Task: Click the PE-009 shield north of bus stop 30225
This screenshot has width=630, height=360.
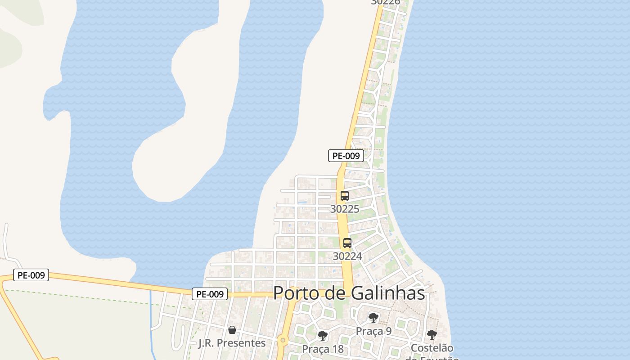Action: pyautogui.click(x=346, y=156)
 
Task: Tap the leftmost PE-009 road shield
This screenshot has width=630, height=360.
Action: pyautogui.click(x=31, y=275)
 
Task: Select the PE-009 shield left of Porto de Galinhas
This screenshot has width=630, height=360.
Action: pyautogui.click(x=210, y=294)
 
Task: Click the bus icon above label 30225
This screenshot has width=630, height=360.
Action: pyautogui.click(x=345, y=196)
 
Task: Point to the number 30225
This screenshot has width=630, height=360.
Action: pyautogui.click(x=345, y=209)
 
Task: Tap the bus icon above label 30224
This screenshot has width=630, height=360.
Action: pyautogui.click(x=347, y=243)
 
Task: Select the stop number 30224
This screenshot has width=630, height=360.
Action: pyautogui.click(x=347, y=256)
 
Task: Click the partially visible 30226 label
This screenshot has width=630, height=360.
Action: pyautogui.click(x=386, y=2)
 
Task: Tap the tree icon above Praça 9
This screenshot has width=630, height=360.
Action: pyautogui.click(x=373, y=318)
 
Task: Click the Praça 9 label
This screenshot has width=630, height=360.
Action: pyautogui.click(x=373, y=331)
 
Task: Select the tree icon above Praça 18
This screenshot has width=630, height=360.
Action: pyautogui.click(x=323, y=335)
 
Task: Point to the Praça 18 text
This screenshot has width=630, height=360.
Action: pyautogui.click(x=323, y=349)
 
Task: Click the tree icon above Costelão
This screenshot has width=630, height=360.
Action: pyautogui.click(x=432, y=335)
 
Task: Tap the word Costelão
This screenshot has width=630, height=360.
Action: pyautogui.click(x=432, y=348)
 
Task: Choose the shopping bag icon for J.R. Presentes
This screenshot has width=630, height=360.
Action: pyautogui.click(x=232, y=330)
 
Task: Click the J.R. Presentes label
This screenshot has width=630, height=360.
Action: pyautogui.click(x=232, y=343)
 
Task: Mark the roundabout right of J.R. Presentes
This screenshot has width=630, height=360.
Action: pyautogui.click(x=283, y=341)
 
